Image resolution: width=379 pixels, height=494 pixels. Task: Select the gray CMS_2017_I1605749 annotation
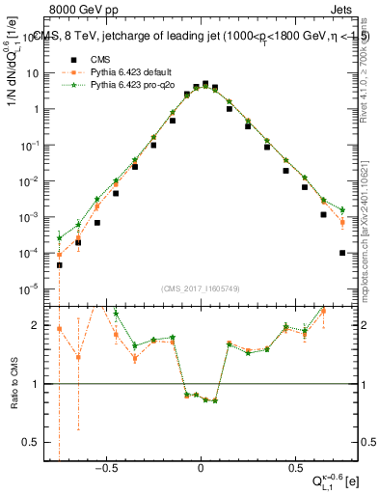pyautogui.click(x=201, y=288)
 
